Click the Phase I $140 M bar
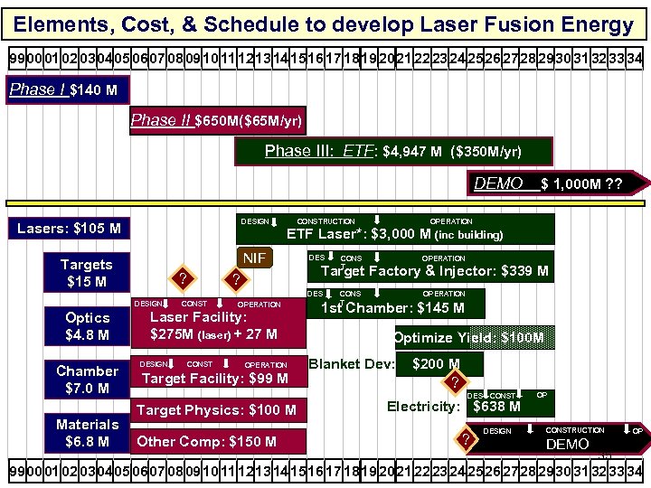(68, 90)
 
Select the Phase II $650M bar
(218, 120)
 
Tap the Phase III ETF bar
(393, 151)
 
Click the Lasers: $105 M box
(69, 229)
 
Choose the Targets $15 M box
(87, 273)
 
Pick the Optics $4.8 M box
(88, 326)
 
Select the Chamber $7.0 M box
(88, 380)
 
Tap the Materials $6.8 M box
(88, 433)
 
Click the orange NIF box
(256, 258)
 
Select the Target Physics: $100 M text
(216, 410)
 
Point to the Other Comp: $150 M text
(207, 441)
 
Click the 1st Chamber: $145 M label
(393, 308)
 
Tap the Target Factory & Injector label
(434, 271)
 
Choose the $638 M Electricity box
(496, 406)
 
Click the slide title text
(325, 24)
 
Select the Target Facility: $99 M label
(215, 379)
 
